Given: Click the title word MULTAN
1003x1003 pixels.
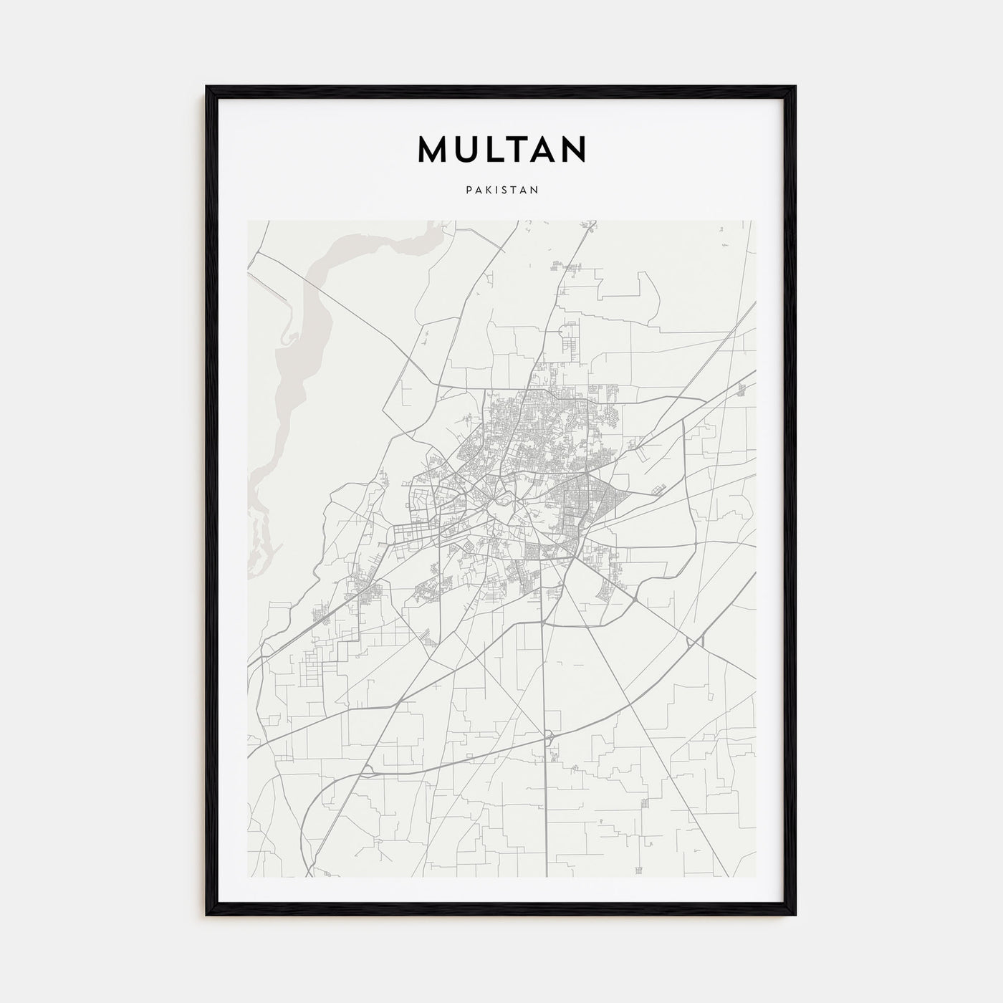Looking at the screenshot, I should click(x=501, y=149).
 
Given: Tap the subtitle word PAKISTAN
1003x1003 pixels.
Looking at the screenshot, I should click(x=501, y=191).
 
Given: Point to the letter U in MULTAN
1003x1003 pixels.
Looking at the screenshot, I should click(x=468, y=149).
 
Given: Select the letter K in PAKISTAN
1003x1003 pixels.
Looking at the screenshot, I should click(x=486, y=191).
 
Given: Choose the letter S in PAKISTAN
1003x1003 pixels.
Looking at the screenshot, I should click(x=505, y=191).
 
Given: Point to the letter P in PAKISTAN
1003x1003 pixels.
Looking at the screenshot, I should click(x=468, y=191).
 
